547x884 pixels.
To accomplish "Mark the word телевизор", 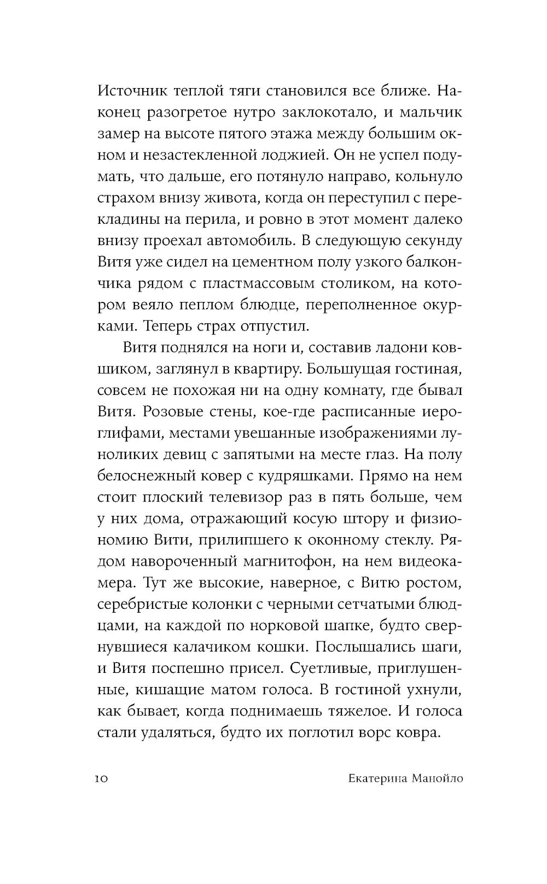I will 270,498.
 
